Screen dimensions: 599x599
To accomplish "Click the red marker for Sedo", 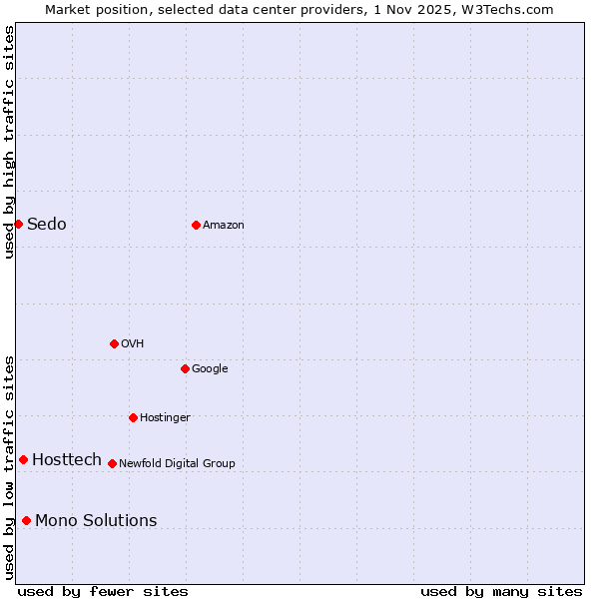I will point(18,224).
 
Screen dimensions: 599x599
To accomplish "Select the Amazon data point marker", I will point(196,225).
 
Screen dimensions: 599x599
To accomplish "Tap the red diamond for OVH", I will point(114,343).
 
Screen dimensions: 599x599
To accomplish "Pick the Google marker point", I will point(185,368).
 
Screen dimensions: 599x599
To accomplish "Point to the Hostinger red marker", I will point(133,417).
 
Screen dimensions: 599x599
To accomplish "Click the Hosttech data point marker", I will point(23,459).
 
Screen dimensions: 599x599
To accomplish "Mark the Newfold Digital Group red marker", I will point(112,463).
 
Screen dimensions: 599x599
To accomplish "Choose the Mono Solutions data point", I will point(26,520).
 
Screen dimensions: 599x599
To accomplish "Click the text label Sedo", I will point(47,224).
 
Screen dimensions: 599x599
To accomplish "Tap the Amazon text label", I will point(224,226).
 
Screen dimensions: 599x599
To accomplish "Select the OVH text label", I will point(133,344).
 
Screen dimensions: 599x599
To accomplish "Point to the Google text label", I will point(210,369).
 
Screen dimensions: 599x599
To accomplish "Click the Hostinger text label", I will point(165,417).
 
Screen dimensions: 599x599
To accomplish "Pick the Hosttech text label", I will point(67,459).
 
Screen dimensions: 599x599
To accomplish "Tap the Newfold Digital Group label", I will point(177,463).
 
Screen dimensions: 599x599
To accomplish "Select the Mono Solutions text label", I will point(96,520).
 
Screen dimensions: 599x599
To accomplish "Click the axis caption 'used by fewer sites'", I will point(103,591).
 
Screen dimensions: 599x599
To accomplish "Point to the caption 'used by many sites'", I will point(501,591).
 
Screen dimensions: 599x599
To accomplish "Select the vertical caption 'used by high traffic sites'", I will point(9,142).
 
